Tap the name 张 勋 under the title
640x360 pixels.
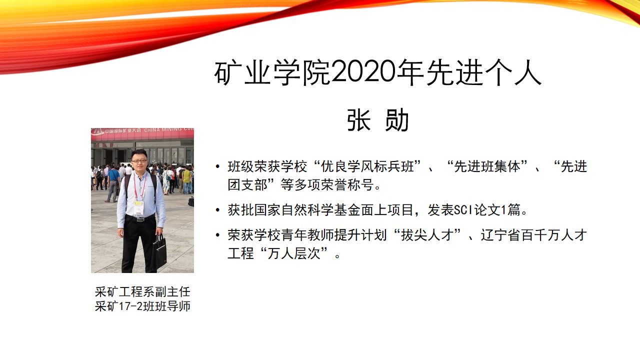pos(377,120)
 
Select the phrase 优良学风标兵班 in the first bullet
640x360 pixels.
pos(367,166)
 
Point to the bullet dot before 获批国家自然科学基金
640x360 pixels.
pos(218,210)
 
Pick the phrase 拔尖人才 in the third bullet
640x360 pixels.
pos(427,235)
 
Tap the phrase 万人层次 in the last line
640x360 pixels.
pos(294,253)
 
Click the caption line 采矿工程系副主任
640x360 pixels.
pos(142,292)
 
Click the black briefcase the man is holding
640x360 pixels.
pos(159,252)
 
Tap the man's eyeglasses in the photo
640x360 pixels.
pos(139,161)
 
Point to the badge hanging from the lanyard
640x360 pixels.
pos(139,208)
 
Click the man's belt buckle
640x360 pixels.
pos(139,219)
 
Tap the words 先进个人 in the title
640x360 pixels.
pos(484,72)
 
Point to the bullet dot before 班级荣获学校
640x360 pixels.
pos(218,166)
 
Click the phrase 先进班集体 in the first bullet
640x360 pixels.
pos(487,166)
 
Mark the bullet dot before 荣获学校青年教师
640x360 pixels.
pos(218,235)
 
